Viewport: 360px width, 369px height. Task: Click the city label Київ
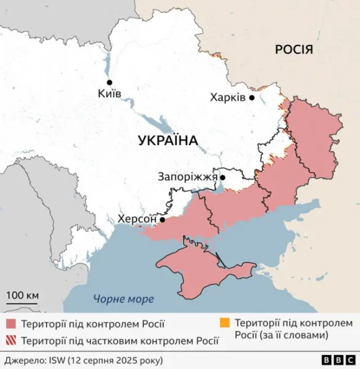pos(110,94)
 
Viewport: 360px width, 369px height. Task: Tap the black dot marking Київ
pos(110,82)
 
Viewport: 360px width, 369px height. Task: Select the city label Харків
pos(227,97)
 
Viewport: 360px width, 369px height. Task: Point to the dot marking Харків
pos(252,97)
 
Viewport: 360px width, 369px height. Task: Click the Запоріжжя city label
pos(188,177)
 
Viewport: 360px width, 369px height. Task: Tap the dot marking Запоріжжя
pos(223,177)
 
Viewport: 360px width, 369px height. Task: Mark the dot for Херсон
pos(162,219)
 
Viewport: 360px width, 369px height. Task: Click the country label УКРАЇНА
pos(168,140)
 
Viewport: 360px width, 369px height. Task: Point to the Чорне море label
pos(123,300)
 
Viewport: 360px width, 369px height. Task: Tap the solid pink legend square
pos(11,323)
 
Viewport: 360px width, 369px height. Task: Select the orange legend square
pos(225,322)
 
